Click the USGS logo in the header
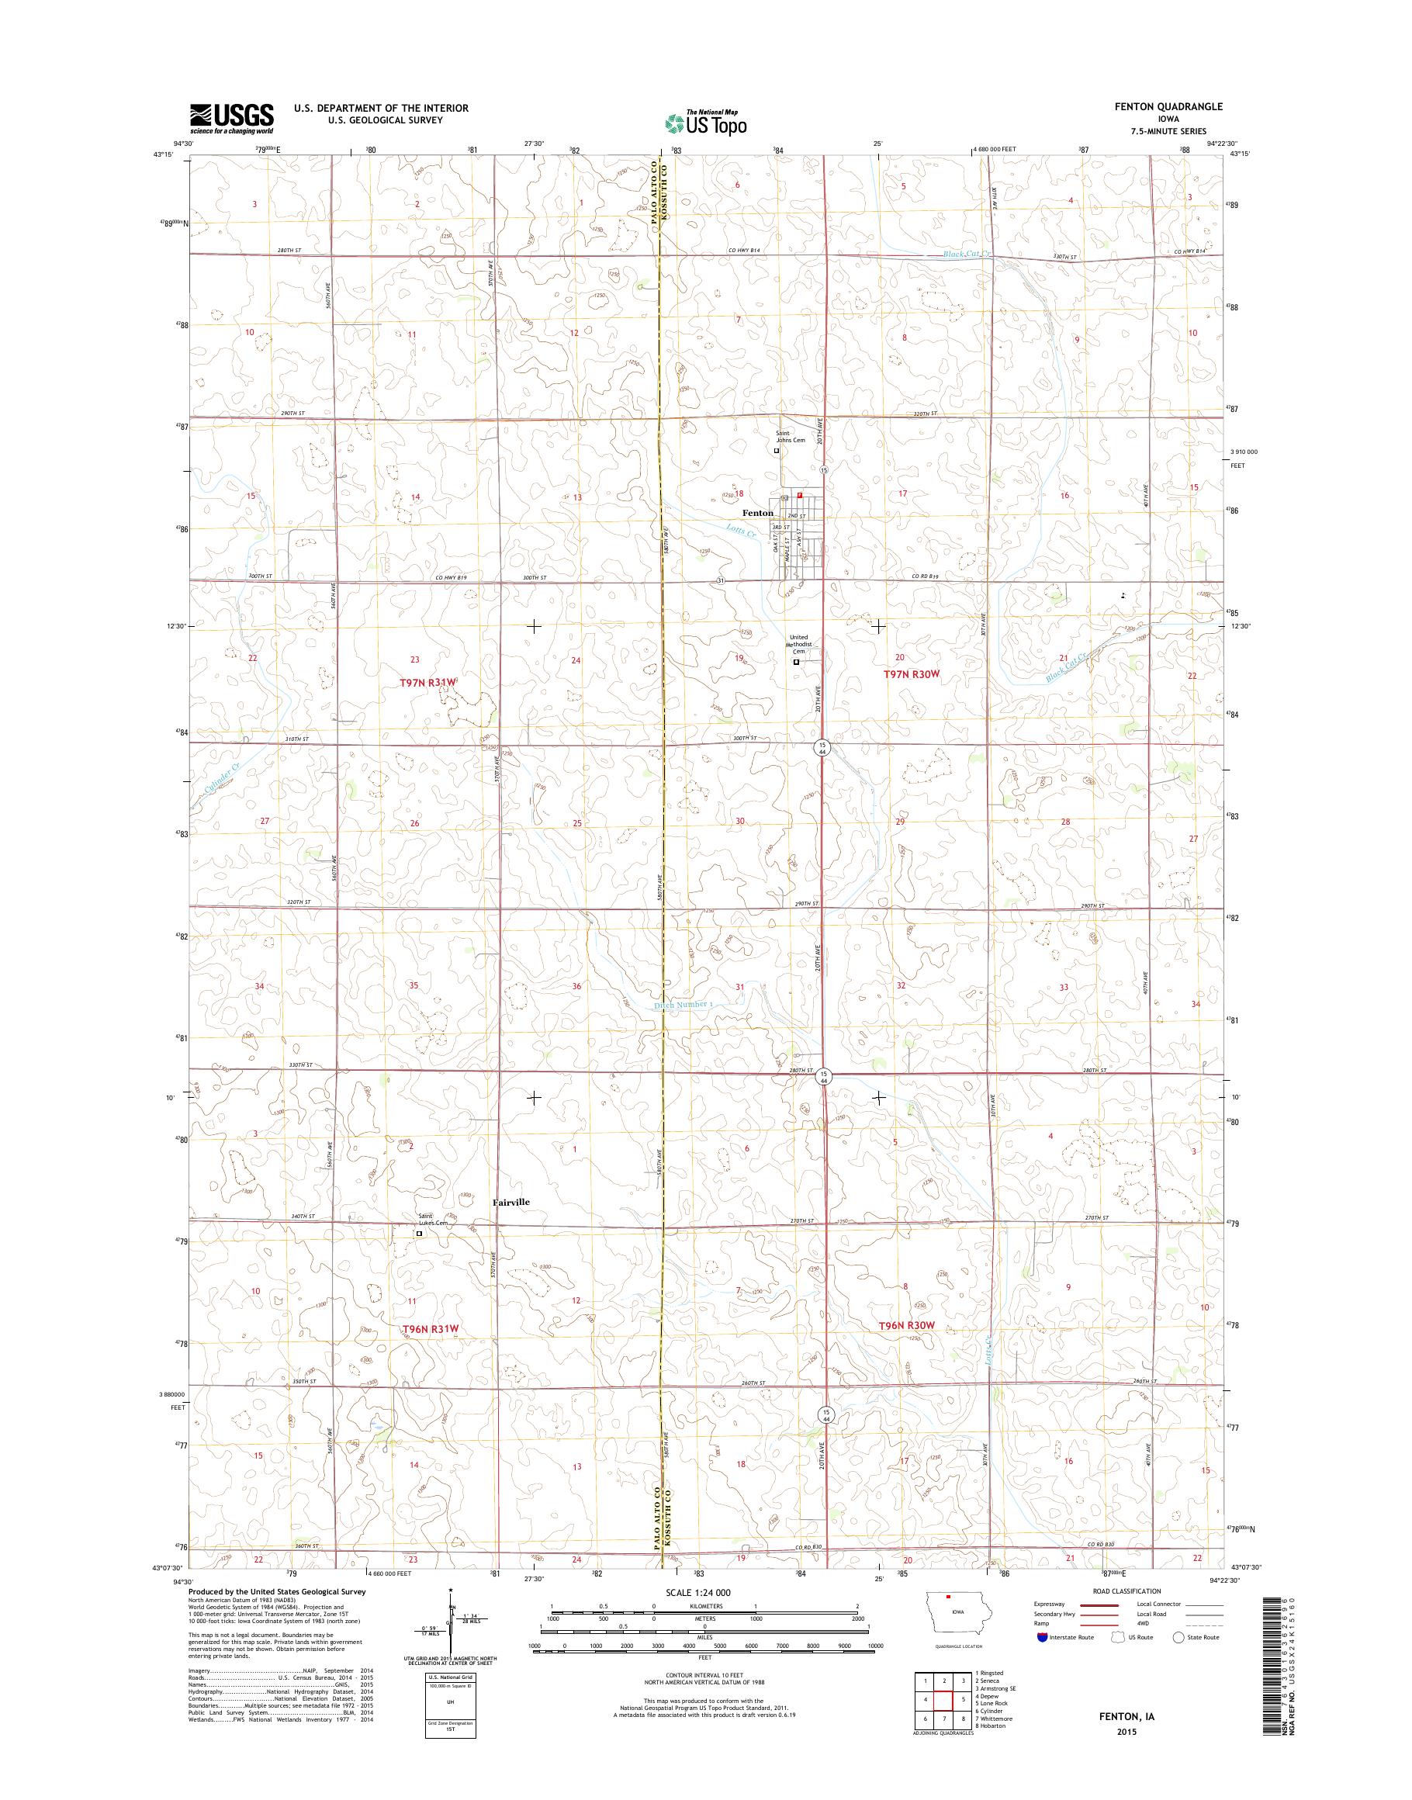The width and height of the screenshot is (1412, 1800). click(x=231, y=118)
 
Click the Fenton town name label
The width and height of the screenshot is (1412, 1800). click(x=757, y=514)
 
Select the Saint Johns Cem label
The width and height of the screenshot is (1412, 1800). click(x=789, y=437)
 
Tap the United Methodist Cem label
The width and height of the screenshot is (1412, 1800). click(x=798, y=644)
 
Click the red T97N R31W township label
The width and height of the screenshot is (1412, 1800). click(x=427, y=681)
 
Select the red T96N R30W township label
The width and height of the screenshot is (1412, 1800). click(x=906, y=1348)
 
